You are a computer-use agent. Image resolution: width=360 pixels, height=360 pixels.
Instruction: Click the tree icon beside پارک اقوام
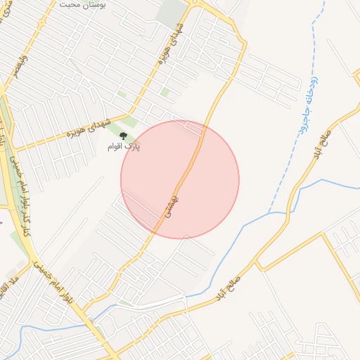124,136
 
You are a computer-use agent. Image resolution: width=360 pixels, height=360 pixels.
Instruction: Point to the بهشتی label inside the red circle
173,205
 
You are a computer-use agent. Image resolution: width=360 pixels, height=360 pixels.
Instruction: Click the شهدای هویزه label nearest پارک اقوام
89,127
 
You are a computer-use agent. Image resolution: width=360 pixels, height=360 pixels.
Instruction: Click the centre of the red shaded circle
180,179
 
